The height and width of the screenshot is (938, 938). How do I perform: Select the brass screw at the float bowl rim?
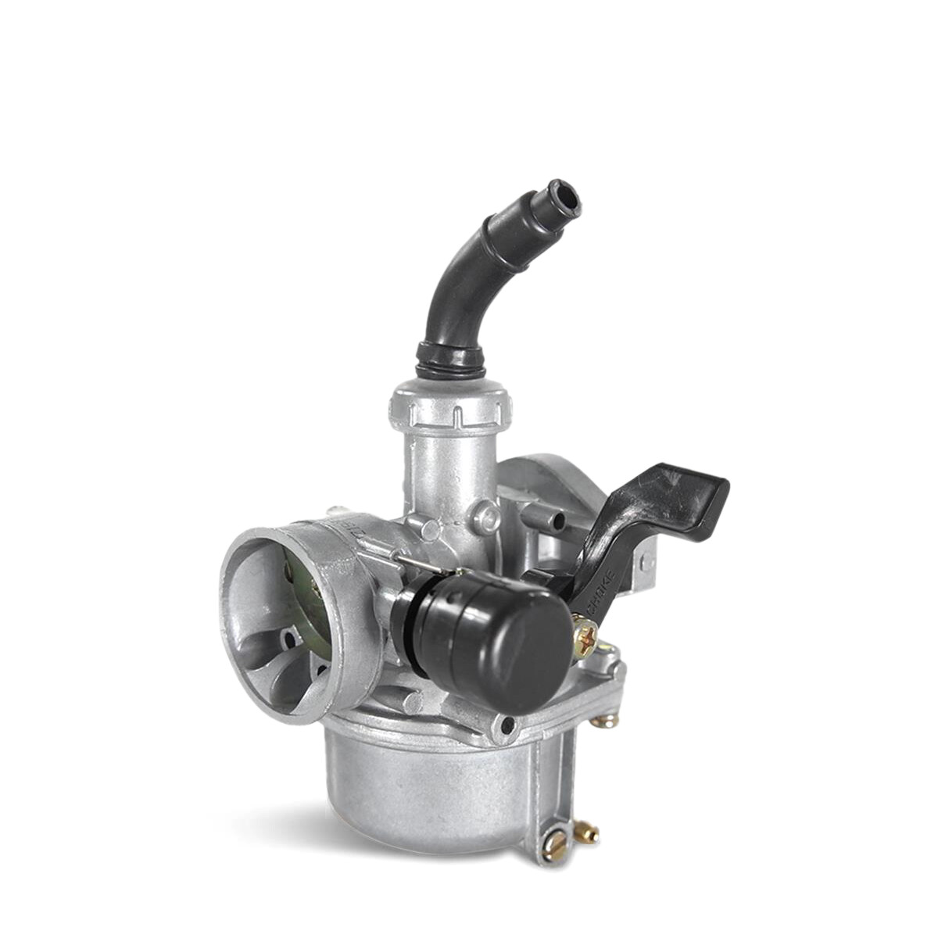(605, 720)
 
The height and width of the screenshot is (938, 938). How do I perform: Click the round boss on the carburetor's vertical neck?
(489, 514)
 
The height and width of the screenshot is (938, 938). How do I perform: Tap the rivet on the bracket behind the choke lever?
(646, 560)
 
